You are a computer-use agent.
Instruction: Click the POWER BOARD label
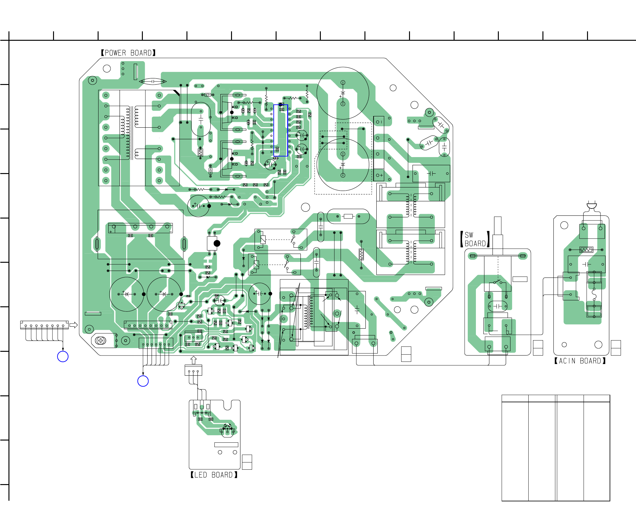click(x=128, y=53)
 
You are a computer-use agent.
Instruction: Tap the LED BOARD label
click(x=214, y=475)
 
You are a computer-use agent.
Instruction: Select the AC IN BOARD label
click(x=580, y=361)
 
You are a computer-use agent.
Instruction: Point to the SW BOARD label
click(x=475, y=239)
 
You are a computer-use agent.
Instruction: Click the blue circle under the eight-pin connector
click(x=63, y=356)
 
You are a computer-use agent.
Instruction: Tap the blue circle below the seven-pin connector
click(x=143, y=381)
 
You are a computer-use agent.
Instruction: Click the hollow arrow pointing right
click(x=73, y=325)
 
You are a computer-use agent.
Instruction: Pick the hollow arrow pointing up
click(x=193, y=360)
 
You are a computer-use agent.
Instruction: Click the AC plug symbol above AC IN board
click(x=592, y=206)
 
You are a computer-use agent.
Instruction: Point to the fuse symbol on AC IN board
click(x=594, y=294)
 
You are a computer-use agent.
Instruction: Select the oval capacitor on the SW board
click(x=498, y=306)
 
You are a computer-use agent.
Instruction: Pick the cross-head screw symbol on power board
click(x=100, y=341)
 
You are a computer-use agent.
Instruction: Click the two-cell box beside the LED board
click(x=247, y=462)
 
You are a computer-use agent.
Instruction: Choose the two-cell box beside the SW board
click(x=538, y=348)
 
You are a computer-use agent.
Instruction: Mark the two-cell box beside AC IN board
click(x=616, y=348)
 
